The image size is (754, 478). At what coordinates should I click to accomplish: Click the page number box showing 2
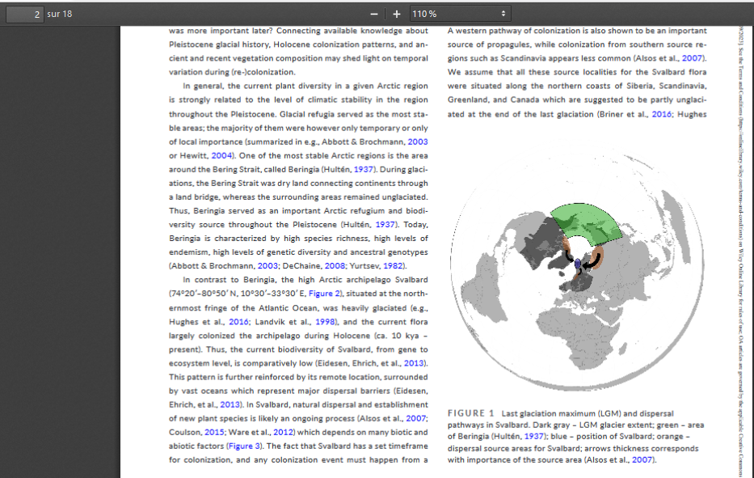pyautogui.click(x=23, y=14)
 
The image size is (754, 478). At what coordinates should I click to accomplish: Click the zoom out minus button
pyautogui.click(x=373, y=15)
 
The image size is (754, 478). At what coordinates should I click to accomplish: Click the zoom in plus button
pyautogui.click(x=397, y=15)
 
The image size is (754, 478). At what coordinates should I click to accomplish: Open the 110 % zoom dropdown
pyautogui.click(x=460, y=15)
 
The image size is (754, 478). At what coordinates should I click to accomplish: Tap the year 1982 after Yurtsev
pyautogui.click(x=393, y=265)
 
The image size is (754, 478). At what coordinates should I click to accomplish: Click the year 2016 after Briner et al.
pyautogui.click(x=662, y=114)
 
